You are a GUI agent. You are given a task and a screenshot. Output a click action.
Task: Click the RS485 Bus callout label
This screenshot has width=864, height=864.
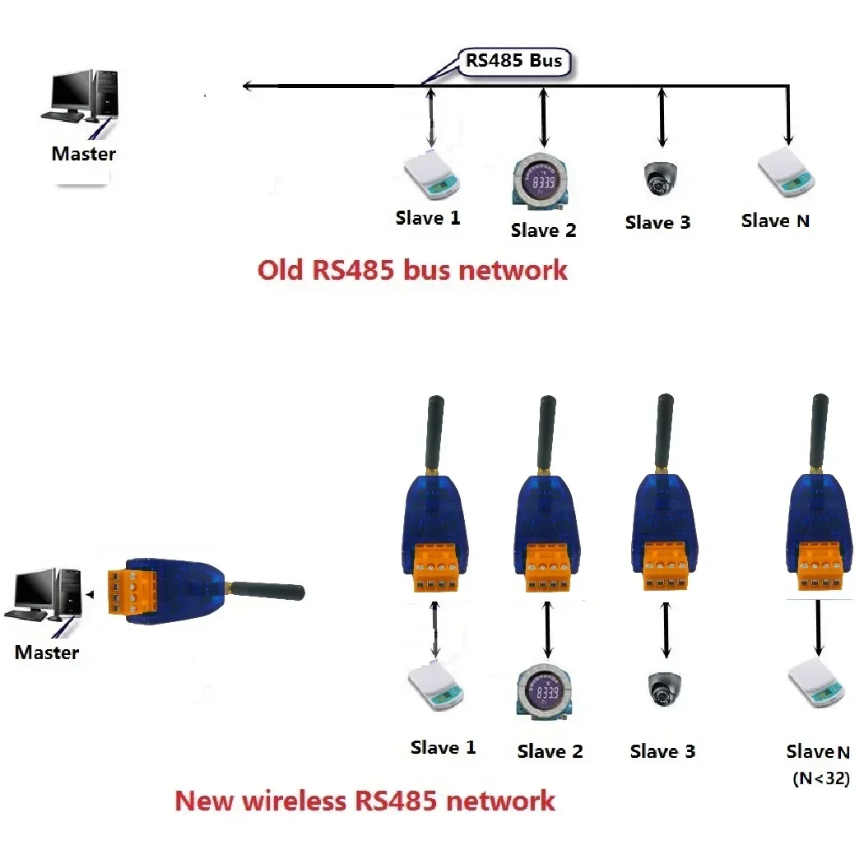[x=513, y=62]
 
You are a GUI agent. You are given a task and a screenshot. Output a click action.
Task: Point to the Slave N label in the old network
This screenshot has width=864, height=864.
[x=775, y=221]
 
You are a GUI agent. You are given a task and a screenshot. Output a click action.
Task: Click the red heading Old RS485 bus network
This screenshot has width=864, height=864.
[x=412, y=270]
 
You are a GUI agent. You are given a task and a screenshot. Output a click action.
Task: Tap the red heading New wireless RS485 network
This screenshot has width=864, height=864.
[x=365, y=800]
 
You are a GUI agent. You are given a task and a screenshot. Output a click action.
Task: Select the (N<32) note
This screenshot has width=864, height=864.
[x=820, y=778]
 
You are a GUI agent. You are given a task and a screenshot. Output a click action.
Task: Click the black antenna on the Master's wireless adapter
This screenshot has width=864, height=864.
[x=267, y=589]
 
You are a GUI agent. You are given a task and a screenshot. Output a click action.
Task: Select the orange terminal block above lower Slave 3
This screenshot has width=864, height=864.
[x=667, y=567]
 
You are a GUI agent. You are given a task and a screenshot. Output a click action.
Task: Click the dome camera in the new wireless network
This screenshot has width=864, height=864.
[x=663, y=690]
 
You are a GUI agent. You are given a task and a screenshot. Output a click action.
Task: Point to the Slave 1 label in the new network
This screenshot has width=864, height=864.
[x=443, y=748]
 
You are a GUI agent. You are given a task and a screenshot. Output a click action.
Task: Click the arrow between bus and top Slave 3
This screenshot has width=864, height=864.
[x=661, y=119]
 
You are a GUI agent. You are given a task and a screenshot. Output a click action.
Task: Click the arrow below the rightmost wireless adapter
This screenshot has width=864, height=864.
[x=818, y=629]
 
